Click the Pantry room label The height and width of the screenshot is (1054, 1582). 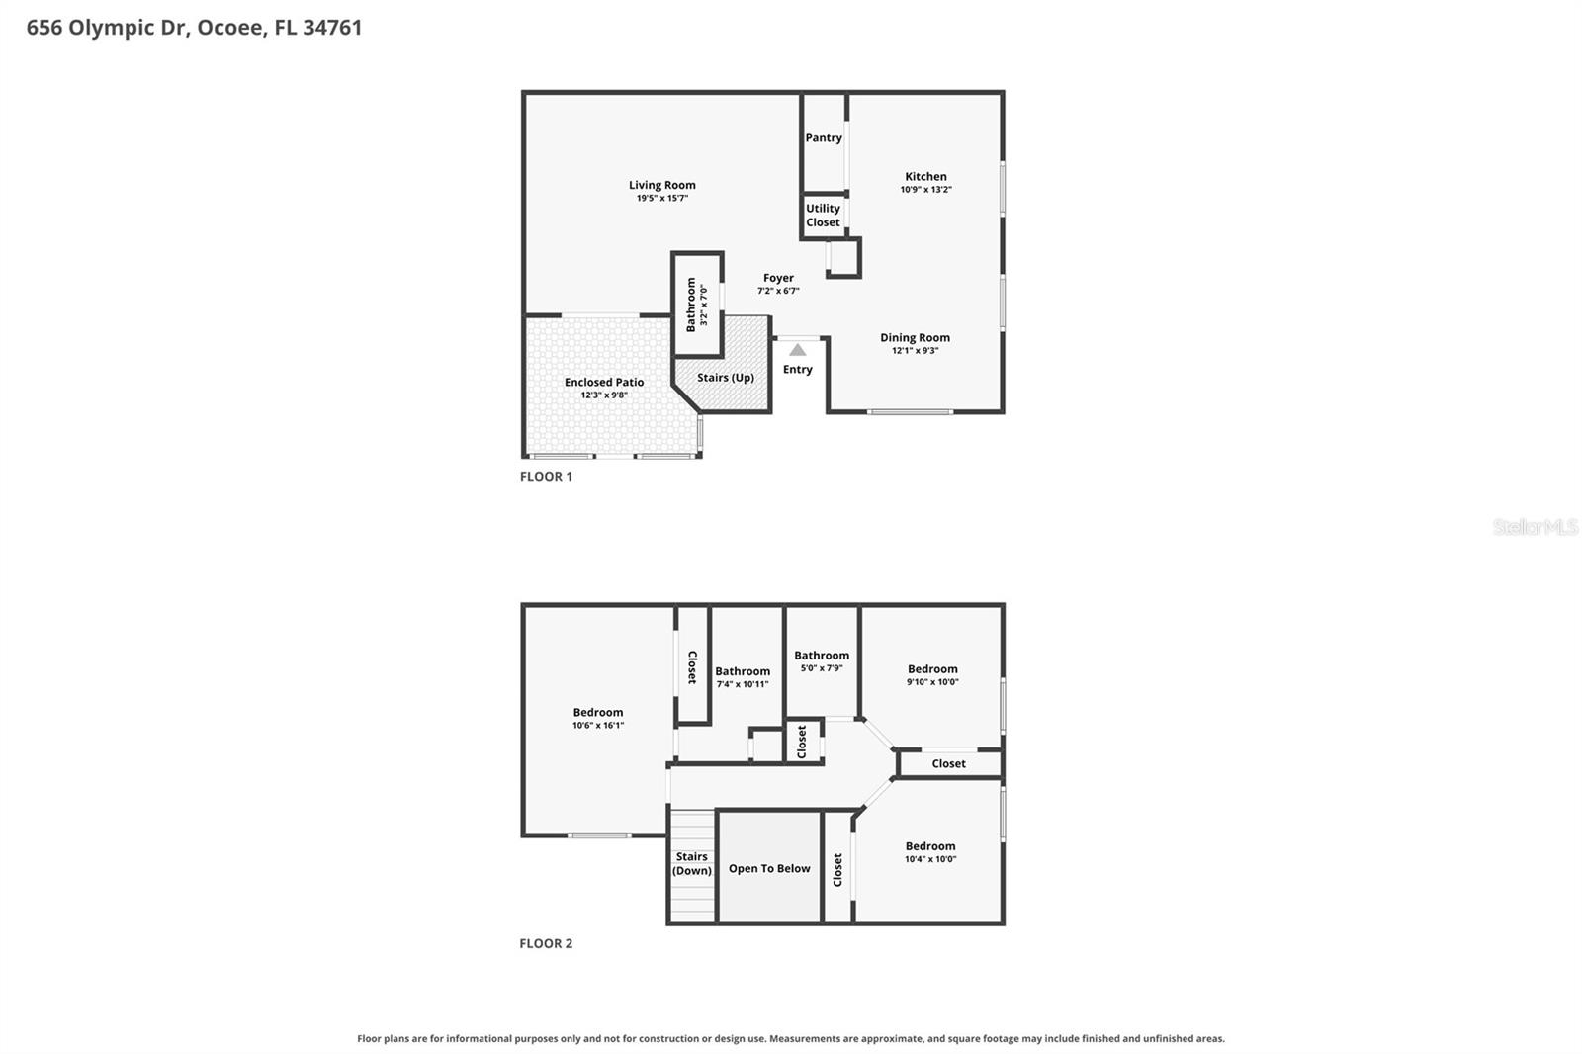coord(824,137)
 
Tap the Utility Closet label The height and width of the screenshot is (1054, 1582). coord(823,216)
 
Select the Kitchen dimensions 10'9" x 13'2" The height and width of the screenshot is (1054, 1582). coord(925,189)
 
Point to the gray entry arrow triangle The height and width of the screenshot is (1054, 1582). coord(797,350)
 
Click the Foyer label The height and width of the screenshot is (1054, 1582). coord(778,278)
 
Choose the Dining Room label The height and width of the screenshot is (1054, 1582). coord(915,338)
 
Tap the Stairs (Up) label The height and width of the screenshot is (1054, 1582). coord(726,378)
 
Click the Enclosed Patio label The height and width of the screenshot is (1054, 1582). coord(604,383)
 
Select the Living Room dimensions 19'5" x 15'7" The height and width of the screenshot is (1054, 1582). coord(661,199)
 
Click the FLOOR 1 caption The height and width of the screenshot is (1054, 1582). coord(546,477)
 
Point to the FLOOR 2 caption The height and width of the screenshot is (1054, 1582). coord(546,943)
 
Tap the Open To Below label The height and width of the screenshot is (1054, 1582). coord(769,869)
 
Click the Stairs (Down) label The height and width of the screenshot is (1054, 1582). coord(691,863)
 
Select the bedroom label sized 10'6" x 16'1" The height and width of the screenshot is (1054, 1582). coord(598,712)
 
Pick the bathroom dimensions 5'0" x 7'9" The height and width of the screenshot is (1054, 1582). coord(822,668)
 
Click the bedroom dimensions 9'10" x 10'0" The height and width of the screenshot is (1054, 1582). coord(932,682)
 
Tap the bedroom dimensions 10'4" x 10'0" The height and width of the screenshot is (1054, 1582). coord(930,860)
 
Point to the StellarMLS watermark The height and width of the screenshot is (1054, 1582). coord(1535,526)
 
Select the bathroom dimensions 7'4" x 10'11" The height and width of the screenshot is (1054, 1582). coord(743,684)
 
